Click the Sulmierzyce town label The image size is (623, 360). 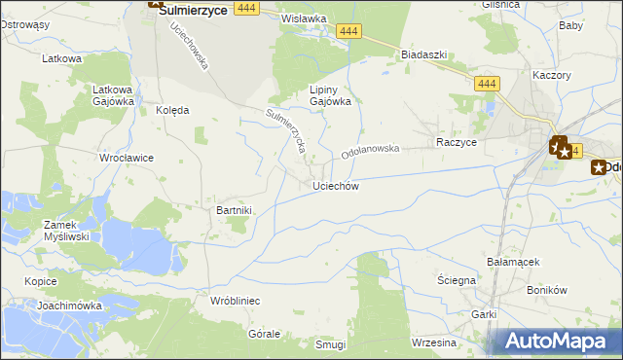[193, 9]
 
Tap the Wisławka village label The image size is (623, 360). [303, 18]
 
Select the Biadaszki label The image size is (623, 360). [423, 54]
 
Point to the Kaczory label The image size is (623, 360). [551, 74]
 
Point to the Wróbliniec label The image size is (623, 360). [235, 301]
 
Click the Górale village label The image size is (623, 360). [265, 333]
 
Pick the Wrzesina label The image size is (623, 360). [434, 342]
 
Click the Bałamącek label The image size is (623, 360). [513, 262]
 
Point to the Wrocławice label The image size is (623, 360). [127, 157]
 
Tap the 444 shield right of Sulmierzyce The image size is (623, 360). [246, 8]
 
